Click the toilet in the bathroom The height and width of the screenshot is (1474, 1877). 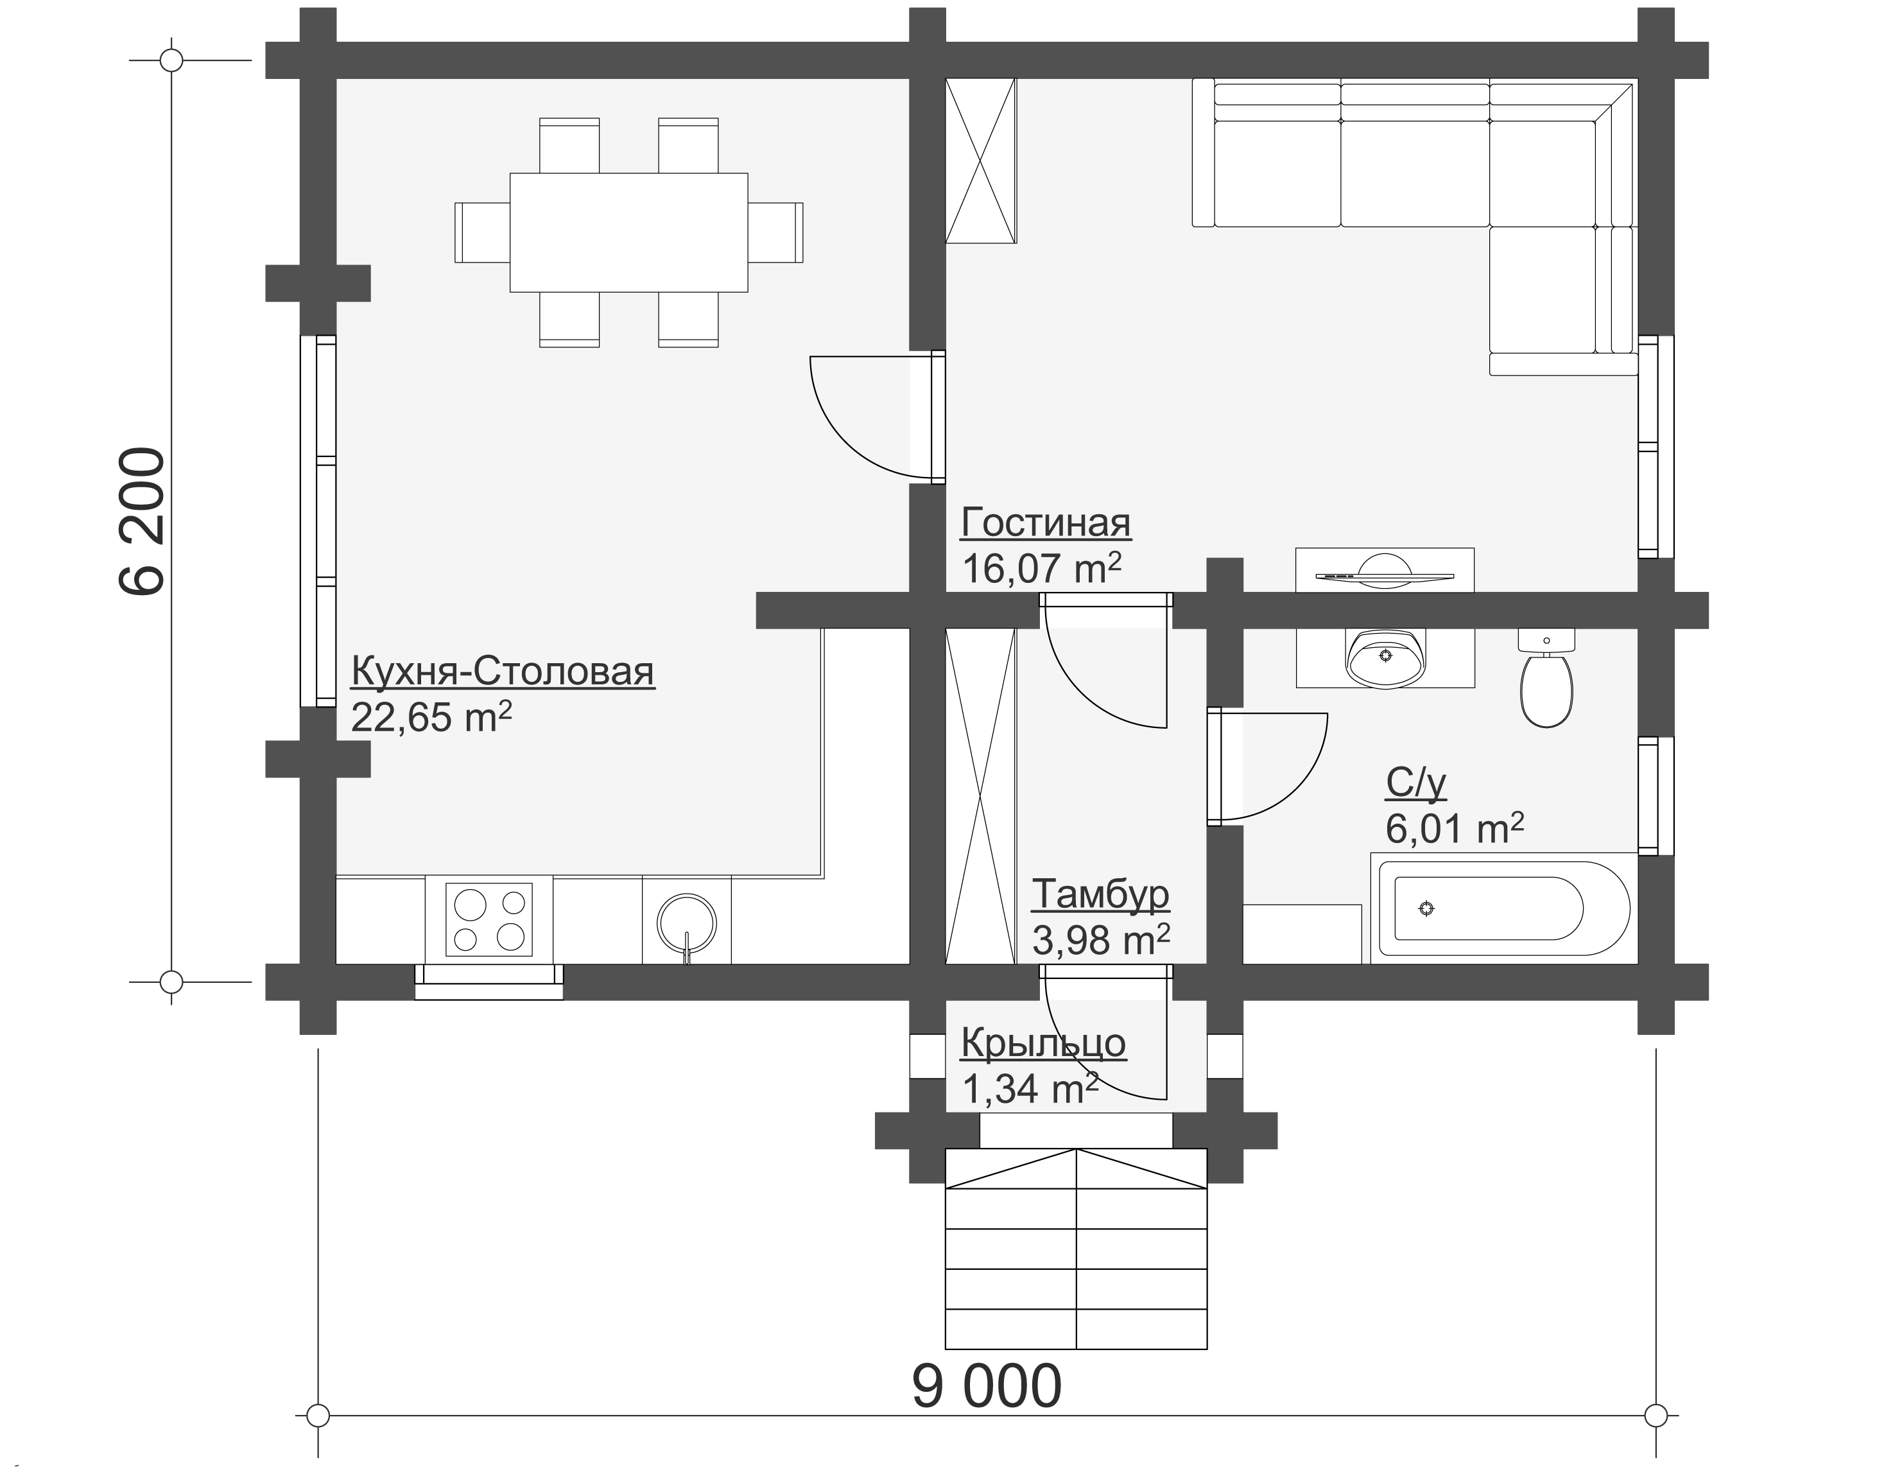coord(1546,679)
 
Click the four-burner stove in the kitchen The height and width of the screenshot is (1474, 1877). coord(489,920)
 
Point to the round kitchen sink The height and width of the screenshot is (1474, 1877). coord(687,923)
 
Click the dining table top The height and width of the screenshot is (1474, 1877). coord(628,232)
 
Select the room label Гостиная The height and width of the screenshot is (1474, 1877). coord(1045,523)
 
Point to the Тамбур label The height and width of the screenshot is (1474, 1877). coord(1100,894)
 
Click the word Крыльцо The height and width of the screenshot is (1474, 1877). coord(1043,1043)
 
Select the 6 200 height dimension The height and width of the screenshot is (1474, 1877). coord(141,521)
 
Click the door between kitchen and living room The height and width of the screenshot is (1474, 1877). coord(878,418)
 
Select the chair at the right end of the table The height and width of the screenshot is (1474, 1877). coord(775,232)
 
